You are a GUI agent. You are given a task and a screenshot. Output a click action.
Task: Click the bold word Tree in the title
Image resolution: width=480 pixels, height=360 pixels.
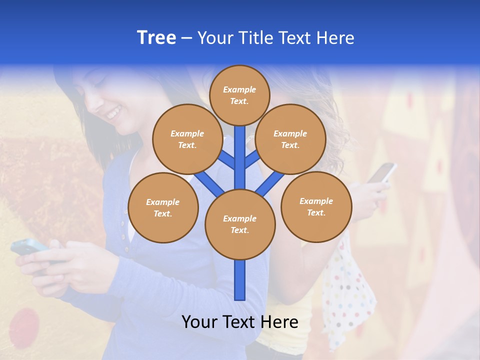[x=156, y=38]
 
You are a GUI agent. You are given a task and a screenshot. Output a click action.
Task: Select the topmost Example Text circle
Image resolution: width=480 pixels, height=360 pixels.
[x=239, y=95]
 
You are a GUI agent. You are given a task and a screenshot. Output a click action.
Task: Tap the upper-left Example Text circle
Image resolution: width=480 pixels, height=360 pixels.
[x=187, y=139]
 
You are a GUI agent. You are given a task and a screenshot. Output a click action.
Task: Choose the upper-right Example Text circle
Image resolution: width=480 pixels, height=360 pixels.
[x=290, y=139]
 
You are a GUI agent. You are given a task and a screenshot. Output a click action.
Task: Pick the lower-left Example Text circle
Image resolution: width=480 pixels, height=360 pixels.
[x=163, y=207]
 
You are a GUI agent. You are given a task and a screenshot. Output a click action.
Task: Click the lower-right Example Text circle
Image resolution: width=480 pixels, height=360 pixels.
[x=316, y=206]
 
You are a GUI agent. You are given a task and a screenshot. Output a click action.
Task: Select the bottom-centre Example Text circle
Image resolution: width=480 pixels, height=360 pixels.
[x=240, y=224]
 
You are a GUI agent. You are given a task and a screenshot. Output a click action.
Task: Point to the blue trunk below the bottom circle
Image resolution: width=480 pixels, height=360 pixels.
[x=240, y=280]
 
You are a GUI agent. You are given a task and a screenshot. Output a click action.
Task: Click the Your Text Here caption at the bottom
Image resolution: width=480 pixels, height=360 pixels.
[x=240, y=322]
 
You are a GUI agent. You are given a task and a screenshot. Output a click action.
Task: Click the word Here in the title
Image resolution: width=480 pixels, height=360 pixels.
[x=335, y=38]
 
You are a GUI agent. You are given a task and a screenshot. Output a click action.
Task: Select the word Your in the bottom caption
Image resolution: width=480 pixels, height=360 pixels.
[x=199, y=322]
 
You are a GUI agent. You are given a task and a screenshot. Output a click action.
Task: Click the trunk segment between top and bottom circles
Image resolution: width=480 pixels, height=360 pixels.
[x=240, y=157]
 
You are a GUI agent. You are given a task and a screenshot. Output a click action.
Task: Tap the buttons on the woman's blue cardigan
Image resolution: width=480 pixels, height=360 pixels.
[x=123, y=225]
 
